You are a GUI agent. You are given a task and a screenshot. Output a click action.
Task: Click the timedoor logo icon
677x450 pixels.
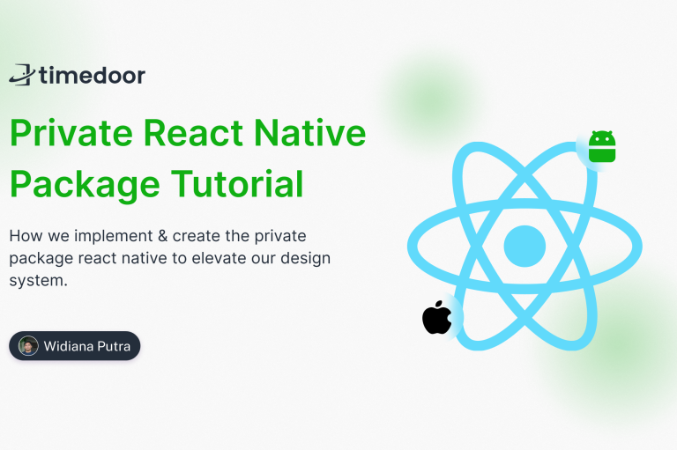click(x=21, y=75)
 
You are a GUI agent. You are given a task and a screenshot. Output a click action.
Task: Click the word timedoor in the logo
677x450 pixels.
click(x=93, y=75)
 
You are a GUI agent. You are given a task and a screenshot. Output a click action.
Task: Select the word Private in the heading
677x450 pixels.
click(x=71, y=133)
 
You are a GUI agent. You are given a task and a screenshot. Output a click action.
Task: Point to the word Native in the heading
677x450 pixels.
click(x=310, y=133)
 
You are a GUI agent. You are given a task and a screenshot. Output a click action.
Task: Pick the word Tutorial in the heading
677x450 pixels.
click(x=237, y=184)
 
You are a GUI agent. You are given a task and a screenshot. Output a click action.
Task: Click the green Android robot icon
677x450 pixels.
click(x=602, y=146)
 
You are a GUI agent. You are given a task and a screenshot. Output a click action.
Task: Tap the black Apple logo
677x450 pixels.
click(x=437, y=318)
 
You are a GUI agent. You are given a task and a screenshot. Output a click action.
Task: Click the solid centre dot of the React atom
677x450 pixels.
click(x=524, y=246)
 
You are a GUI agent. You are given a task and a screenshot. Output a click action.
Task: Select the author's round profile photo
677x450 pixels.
click(x=28, y=346)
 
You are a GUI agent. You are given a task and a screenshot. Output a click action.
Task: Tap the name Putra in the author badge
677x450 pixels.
click(x=114, y=346)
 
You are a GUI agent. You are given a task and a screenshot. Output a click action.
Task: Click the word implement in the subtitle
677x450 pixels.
click(x=114, y=236)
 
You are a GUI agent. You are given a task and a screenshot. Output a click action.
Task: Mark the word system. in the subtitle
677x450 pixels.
click(x=39, y=281)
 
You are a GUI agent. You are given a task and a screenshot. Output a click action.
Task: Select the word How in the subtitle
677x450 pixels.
click(x=26, y=236)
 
